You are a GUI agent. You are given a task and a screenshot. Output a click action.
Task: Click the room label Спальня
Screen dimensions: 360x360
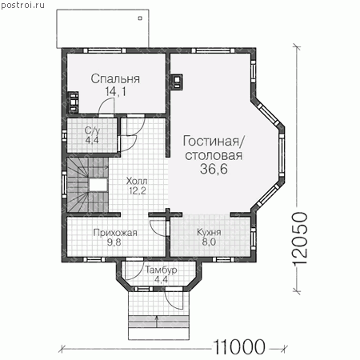pyautogui.click(x=115, y=79)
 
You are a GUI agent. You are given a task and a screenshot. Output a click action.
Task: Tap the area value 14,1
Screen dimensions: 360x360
pyautogui.click(x=115, y=92)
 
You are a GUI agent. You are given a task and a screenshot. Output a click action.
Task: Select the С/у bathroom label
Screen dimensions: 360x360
pyautogui.click(x=92, y=130)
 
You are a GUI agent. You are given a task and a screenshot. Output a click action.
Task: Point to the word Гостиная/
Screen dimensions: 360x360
pyautogui.click(x=213, y=141)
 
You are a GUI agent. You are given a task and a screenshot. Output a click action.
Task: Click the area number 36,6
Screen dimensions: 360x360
pyautogui.click(x=214, y=169)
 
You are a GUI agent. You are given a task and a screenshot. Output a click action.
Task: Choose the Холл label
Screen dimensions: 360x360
pyautogui.click(x=137, y=181)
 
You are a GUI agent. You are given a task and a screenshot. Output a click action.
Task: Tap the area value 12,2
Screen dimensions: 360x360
pyautogui.click(x=137, y=191)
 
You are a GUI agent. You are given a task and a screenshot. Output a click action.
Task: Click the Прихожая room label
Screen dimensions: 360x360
pyautogui.click(x=115, y=233)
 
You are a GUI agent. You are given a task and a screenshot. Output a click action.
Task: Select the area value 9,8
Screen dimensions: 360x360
pyautogui.click(x=114, y=242)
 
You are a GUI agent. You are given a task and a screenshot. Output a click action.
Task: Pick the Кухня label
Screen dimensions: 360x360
pyautogui.click(x=209, y=232)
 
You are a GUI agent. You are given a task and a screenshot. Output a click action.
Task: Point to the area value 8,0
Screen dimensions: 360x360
pyautogui.click(x=209, y=242)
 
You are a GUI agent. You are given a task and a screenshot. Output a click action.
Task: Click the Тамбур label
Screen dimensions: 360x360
pyautogui.click(x=161, y=270)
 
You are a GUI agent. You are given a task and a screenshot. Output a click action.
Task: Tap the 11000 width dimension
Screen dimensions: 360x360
pyautogui.click(x=239, y=347)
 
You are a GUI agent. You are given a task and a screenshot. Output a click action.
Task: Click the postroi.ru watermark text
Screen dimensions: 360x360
pyautogui.click(x=22, y=6)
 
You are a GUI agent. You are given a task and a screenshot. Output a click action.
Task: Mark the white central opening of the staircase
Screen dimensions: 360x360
pyautogui.click(x=98, y=185)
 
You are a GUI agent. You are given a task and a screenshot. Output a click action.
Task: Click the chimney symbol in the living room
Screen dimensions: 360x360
pyautogui.click(x=177, y=82)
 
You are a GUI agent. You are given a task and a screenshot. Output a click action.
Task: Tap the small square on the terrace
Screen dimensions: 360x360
pyautogui.click(x=140, y=18)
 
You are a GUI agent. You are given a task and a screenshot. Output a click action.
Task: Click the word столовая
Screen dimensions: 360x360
pyautogui.click(x=214, y=155)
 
